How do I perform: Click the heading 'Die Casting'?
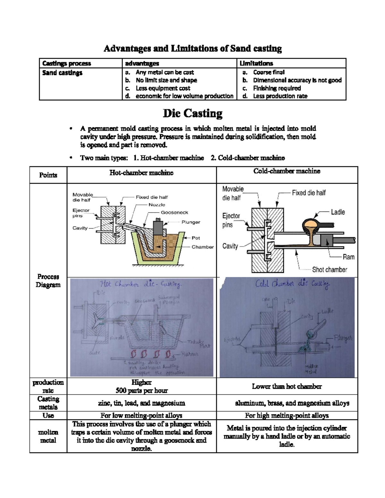193,114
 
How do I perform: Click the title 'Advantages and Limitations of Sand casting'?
193,49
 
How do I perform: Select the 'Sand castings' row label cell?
62,73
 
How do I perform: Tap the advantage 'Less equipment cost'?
163,88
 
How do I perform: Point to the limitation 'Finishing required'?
277,88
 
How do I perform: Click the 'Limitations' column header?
256,63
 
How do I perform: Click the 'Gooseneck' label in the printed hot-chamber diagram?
174,212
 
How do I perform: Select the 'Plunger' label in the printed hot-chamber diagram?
191,222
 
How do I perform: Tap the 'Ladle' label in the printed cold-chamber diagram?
338,212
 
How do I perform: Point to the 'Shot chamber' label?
329,270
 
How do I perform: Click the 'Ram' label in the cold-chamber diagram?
348,257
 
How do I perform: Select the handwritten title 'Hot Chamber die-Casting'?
141,284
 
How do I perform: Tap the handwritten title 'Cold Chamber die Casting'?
292,284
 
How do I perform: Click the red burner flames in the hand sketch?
150,354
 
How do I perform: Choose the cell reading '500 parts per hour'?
141,390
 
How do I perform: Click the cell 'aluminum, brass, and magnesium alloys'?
292,403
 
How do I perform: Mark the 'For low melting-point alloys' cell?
141,416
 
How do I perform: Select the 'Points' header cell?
48,175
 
